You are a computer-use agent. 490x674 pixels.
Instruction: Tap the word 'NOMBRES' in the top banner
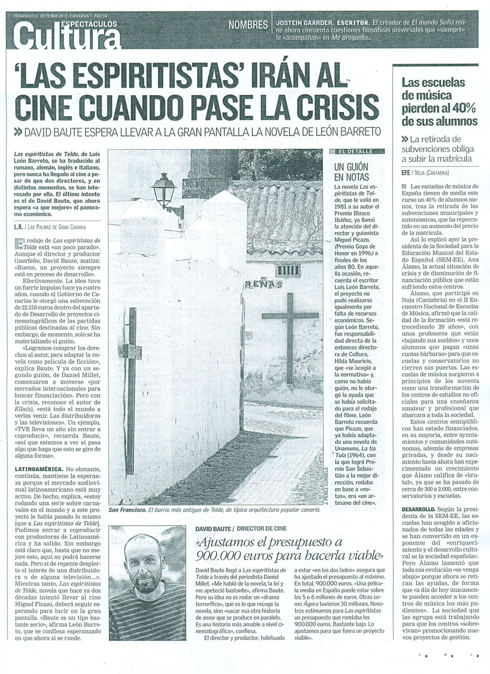(x=248, y=25)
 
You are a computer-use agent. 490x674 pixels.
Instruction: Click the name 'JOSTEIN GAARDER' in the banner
(x=304, y=24)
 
